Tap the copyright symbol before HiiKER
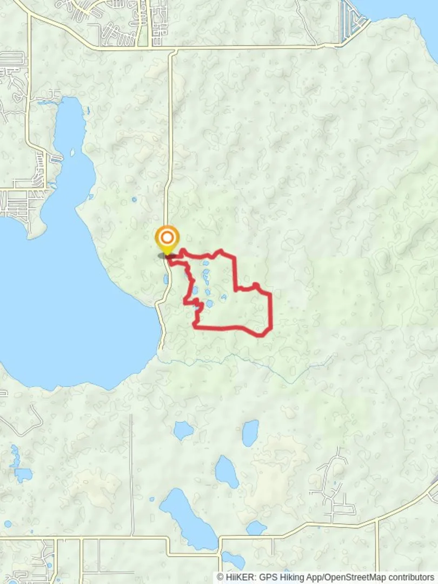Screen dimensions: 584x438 click(x=220, y=578)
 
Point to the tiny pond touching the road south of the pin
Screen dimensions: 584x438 click(x=166, y=279)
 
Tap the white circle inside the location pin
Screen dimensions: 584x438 click(x=167, y=237)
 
